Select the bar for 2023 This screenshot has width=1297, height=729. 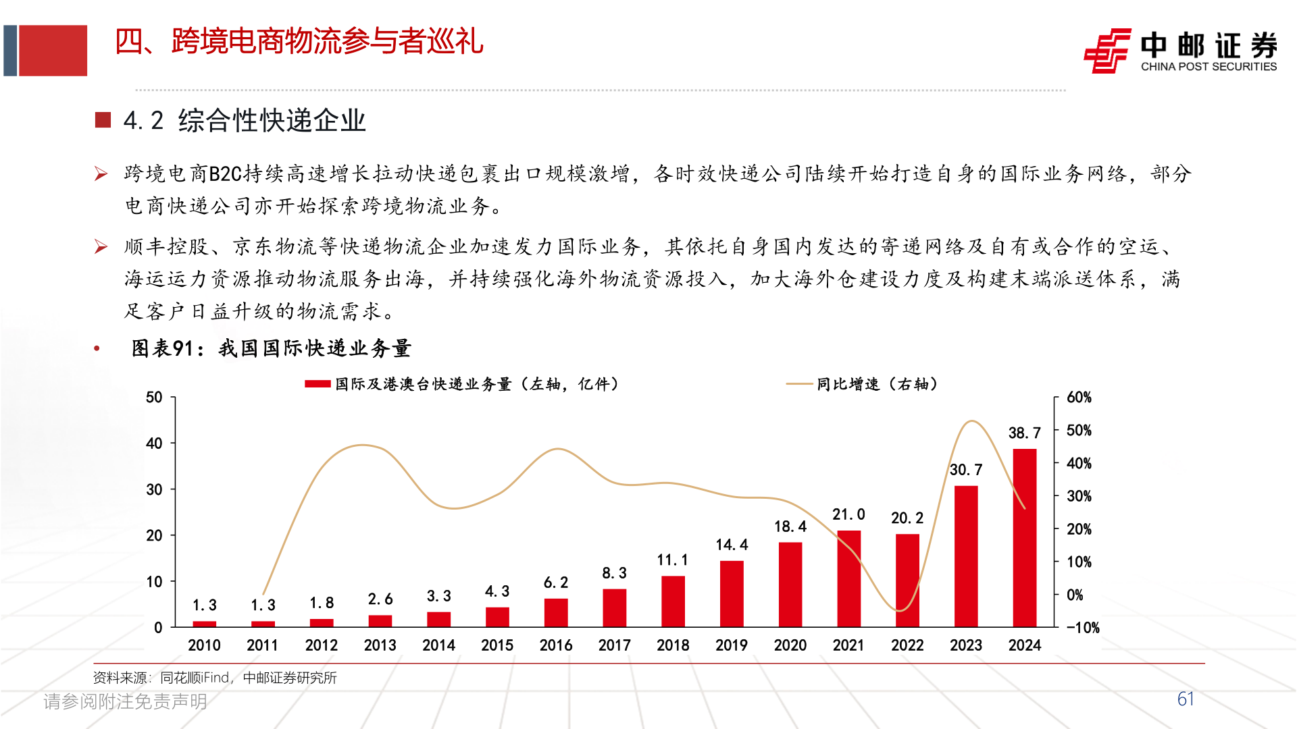tap(965, 556)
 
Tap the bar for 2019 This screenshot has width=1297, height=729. tap(732, 594)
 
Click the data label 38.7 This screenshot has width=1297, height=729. tap(1024, 433)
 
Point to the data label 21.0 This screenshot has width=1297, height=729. tap(848, 515)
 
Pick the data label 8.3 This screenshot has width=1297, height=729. tap(614, 573)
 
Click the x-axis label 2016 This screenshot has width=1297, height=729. tap(556, 645)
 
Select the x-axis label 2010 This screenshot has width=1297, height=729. tap(204, 645)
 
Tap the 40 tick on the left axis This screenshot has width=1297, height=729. tap(154, 443)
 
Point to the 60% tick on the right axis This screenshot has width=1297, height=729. tap(1079, 398)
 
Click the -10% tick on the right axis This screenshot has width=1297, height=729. tap(1082, 628)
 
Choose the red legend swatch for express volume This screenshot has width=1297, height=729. tap(317, 384)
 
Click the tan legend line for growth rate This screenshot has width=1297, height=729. tap(799, 384)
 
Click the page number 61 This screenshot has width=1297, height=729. tap(1186, 699)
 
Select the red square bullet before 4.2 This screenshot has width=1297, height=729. tap(103, 120)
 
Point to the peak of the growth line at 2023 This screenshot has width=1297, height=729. tap(971, 421)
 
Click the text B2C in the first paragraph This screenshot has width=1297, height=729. tap(226, 174)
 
